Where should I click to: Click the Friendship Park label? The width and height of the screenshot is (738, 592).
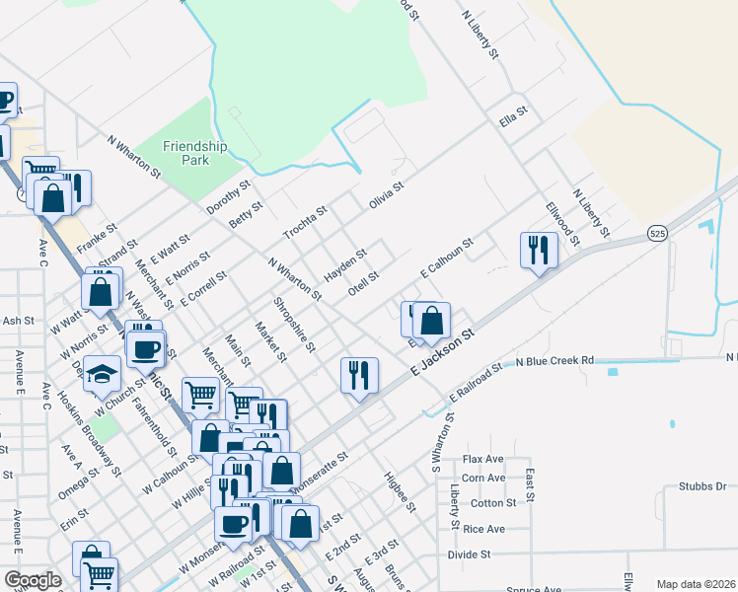[x=194, y=152]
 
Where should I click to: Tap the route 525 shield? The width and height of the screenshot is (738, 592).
[x=658, y=233]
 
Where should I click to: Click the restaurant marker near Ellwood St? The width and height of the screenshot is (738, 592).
[x=539, y=251]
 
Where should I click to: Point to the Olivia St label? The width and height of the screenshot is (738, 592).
[x=387, y=195]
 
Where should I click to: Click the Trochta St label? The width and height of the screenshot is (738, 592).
[x=305, y=223]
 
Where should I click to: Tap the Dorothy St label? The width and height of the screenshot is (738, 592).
[x=228, y=196]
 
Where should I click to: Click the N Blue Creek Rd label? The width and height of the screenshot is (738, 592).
[x=556, y=361]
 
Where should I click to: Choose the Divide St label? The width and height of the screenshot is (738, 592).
[x=469, y=555]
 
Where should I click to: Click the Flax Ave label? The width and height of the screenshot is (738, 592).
[x=483, y=460]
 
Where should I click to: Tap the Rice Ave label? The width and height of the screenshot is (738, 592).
[x=483, y=530]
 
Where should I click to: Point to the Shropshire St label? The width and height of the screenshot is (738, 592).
[x=294, y=325]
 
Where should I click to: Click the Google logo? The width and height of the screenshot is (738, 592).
[x=33, y=580]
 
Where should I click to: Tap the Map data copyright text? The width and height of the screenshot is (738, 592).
[x=695, y=584]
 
